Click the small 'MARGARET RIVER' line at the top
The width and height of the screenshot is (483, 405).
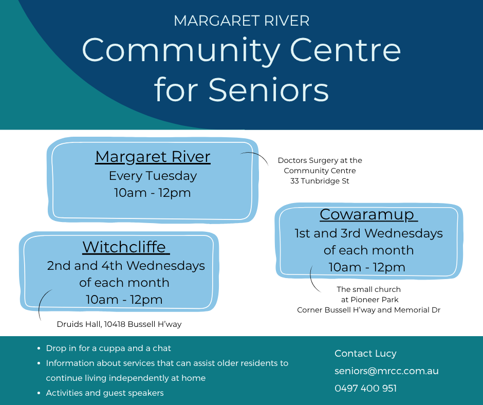pyautogui.click(x=242, y=21)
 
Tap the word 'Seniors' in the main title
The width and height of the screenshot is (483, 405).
pyautogui.click(x=269, y=90)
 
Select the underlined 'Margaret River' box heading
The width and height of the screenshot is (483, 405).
pyautogui.click(x=153, y=157)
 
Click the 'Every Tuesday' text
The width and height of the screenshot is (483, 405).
pyautogui.click(x=153, y=176)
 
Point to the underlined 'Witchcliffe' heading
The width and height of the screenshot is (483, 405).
pyautogui.click(x=126, y=247)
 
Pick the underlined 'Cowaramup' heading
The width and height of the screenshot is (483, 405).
pyautogui.click(x=368, y=215)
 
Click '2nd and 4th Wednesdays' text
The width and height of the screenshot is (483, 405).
pyautogui.click(x=126, y=266)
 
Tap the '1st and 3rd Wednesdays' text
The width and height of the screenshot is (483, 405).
pyautogui.click(x=368, y=233)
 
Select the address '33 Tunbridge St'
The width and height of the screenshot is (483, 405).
pyautogui.click(x=320, y=181)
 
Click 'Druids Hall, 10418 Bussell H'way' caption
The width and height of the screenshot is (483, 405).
pyautogui.click(x=119, y=324)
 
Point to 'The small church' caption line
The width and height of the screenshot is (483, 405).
pyautogui.click(x=369, y=289)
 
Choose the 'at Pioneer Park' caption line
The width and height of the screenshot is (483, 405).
pyautogui.click(x=369, y=300)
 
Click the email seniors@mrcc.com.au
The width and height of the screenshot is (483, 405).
pyautogui.click(x=386, y=371)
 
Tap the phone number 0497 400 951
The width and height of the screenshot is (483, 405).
pyautogui.click(x=366, y=389)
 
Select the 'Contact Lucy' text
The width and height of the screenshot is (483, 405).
pyautogui.click(x=365, y=354)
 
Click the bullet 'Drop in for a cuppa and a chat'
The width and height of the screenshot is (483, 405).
pyautogui.click(x=108, y=348)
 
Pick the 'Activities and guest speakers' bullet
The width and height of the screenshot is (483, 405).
pyautogui.click(x=105, y=393)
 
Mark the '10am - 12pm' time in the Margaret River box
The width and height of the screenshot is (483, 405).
pyautogui.click(x=153, y=193)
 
